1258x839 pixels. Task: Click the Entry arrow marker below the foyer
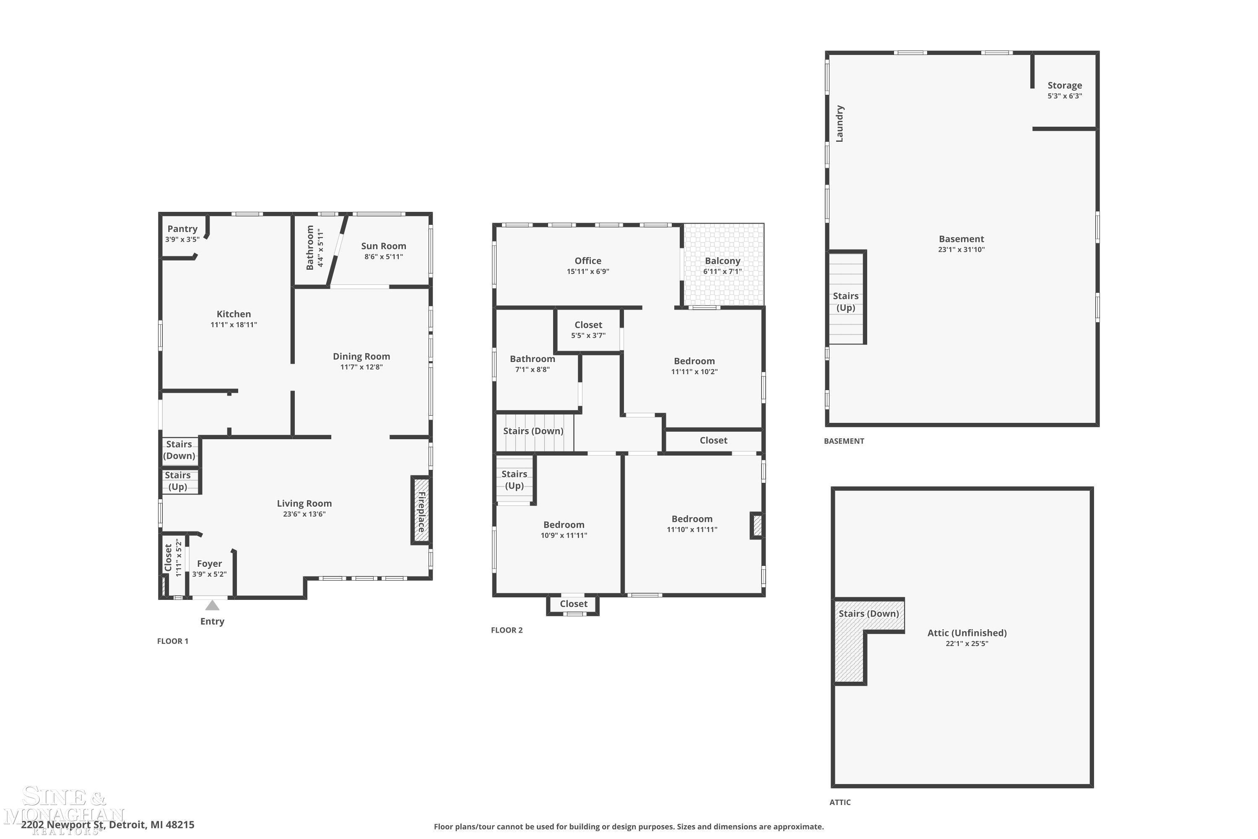212,605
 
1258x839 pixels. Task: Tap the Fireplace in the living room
421,510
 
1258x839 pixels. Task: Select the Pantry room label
182,229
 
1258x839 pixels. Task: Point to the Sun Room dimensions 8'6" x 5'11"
384,257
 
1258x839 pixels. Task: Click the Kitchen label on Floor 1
234,314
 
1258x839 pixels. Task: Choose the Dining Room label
361,356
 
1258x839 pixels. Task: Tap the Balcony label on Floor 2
723,261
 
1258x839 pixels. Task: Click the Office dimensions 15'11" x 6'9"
588,271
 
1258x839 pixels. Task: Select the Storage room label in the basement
1064,86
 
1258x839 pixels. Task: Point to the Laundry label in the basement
840,124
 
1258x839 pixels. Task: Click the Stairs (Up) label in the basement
846,302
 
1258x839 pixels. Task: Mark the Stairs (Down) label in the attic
868,613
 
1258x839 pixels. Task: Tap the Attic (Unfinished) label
967,633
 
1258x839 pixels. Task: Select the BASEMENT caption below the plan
844,441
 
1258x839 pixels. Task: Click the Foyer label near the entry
209,563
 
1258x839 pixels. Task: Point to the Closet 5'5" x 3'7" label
588,330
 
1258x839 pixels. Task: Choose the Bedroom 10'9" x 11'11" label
564,530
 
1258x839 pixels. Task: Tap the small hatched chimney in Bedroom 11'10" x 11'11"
757,526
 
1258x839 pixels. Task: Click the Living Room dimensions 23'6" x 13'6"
304,514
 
